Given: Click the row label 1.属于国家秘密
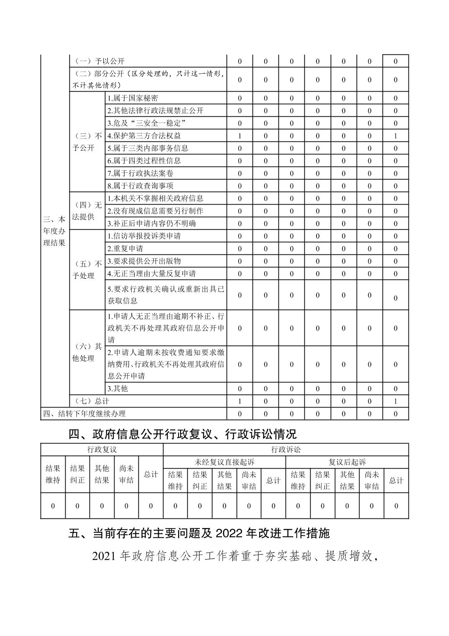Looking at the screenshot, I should [133, 98].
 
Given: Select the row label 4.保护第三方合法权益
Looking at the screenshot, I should [144, 136].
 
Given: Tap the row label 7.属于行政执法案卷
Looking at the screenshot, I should [140, 173].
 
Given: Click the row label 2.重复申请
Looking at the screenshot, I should [125, 249].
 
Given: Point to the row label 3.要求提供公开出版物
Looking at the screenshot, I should [144, 261].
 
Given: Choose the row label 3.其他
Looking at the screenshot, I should [118, 389].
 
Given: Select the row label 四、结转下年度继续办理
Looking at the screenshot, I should [84, 414].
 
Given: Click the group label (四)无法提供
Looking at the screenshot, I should [87, 211].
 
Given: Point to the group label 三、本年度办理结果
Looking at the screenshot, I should [55, 231].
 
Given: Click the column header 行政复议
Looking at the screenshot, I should [102, 450].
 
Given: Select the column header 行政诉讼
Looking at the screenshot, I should [286, 450].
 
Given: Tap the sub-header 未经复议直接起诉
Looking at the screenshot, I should [224, 462].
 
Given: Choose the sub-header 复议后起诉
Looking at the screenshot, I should [347, 462].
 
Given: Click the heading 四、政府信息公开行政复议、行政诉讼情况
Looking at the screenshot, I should [182, 434].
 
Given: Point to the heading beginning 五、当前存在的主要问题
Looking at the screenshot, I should [199, 533].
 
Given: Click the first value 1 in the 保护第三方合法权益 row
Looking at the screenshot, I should [240, 136].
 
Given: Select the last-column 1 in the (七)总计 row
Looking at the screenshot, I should [395, 401].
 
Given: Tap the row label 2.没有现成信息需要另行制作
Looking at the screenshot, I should [156, 211].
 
